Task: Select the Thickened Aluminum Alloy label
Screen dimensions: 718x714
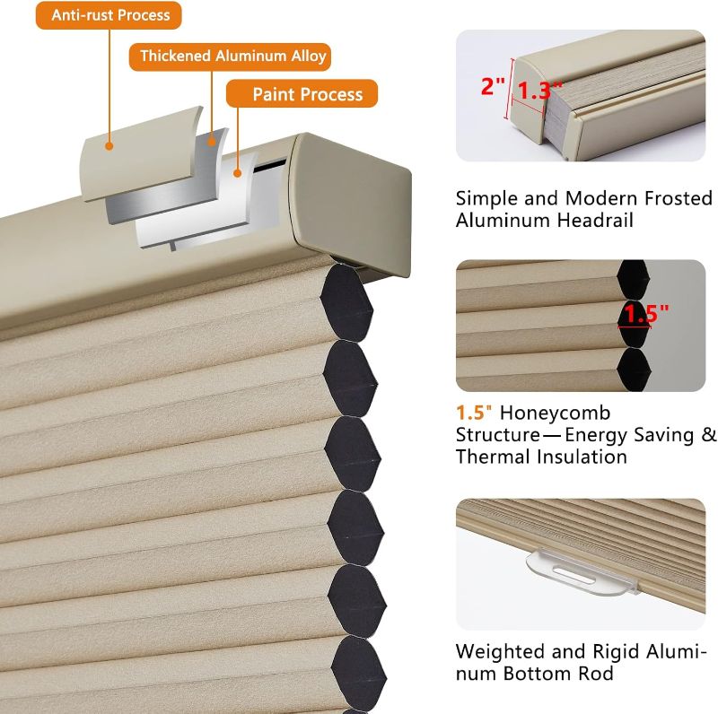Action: pyautogui.click(x=230, y=57)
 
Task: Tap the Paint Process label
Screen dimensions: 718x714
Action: pyautogui.click(x=302, y=94)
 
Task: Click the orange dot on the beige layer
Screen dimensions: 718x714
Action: pyautogui.click(x=109, y=146)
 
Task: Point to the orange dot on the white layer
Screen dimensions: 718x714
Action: pyautogui.click(x=237, y=173)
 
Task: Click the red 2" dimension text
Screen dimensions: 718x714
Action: pyautogui.click(x=493, y=86)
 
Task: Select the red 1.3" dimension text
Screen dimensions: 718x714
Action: pyautogui.click(x=539, y=90)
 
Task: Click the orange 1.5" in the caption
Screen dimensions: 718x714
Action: pyautogui.click(x=474, y=413)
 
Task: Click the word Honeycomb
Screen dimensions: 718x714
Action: pyautogui.click(x=555, y=414)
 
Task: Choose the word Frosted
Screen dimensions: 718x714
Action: pyautogui.click(x=679, y=198)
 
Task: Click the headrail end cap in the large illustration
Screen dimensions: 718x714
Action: pyautogui.click(x=350, y=204)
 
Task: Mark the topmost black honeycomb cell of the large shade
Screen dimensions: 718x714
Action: pyautogui.click(x=346, y=303)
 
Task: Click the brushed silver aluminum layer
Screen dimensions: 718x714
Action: pyautogui.click(x=167, y=176)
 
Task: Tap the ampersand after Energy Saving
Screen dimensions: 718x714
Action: pyautogui.click(x=709, y=435)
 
